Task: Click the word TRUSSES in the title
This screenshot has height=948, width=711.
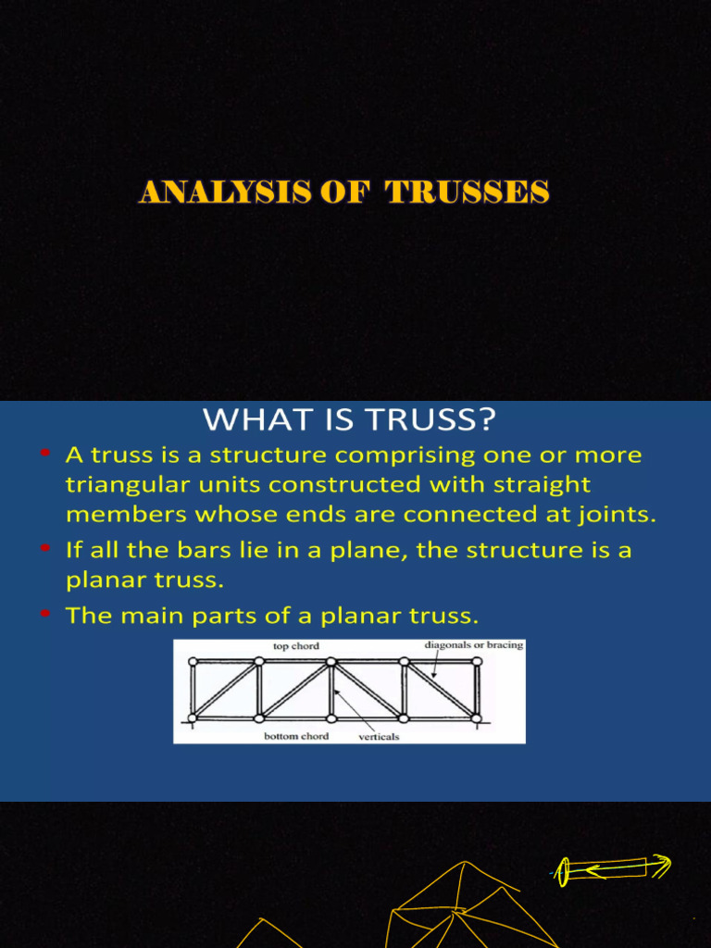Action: (468, 193)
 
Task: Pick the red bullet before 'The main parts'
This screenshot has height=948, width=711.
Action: (44, 613)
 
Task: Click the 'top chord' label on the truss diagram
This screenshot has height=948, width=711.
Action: (296, 646)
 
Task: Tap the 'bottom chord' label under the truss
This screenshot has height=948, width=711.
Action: (293, 736)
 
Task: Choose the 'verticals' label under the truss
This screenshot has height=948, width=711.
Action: (379, 738)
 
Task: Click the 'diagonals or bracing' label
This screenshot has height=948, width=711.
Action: (474, 645)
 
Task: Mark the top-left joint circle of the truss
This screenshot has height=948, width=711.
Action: (193, 662)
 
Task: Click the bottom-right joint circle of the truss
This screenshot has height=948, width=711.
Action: (476, 717)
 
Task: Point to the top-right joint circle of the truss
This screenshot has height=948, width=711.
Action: (476, 661)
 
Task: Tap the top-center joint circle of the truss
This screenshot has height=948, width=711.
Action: (331, 662)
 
